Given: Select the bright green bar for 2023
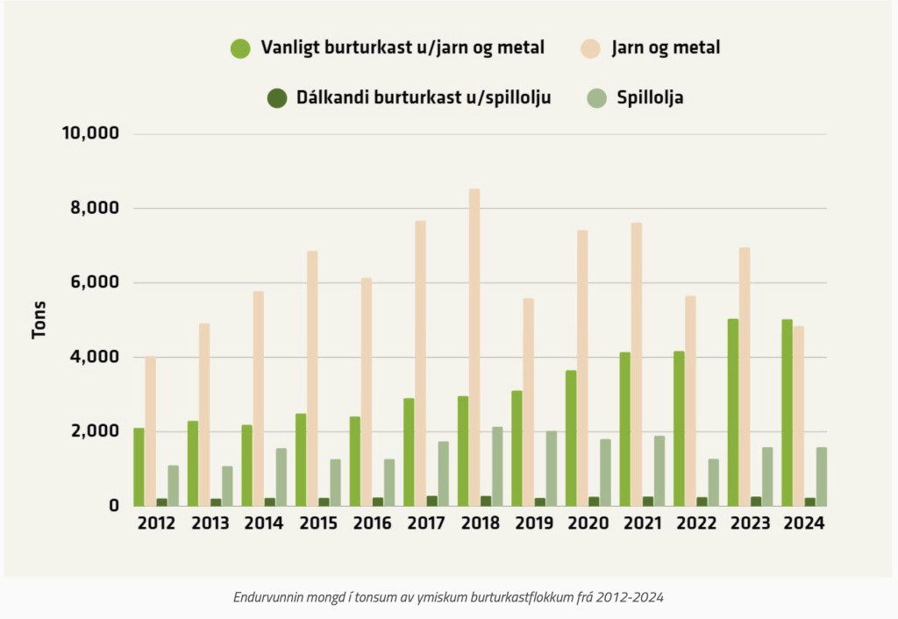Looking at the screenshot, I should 733,412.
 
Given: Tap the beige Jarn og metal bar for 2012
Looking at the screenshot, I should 150,430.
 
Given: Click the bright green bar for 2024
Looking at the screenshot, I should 787,412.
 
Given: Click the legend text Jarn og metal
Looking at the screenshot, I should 666,47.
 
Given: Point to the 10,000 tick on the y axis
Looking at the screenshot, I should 89,133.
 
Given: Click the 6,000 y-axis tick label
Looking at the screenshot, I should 94,282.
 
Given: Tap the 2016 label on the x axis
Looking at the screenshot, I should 372,523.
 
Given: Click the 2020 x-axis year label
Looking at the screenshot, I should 588,523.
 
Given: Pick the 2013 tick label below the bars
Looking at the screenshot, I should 210,523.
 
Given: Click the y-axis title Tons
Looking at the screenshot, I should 39,320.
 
